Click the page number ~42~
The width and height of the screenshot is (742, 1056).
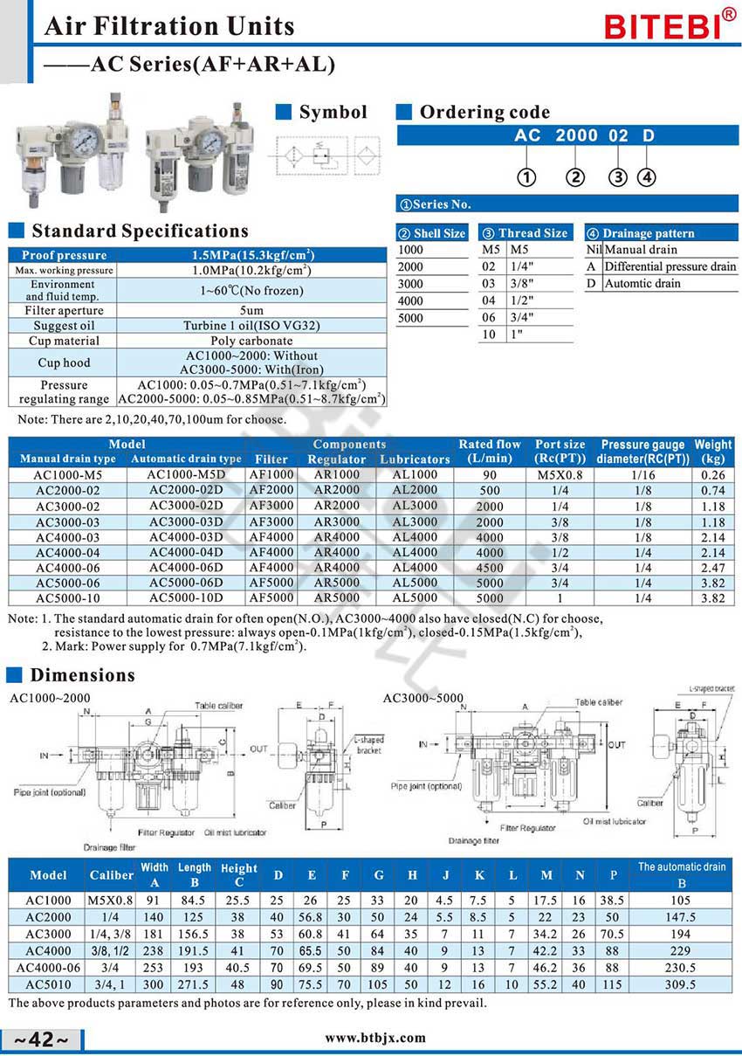tap(42, 1039)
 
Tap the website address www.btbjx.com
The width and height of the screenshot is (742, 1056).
tap(375, 1038)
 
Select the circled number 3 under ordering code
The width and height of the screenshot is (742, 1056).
tap(618, 178)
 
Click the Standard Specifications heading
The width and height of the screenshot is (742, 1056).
tap(140, 231)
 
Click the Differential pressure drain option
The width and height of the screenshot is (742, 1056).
tap(670, 266)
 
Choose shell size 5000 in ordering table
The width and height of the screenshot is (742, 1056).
tap(410, 318)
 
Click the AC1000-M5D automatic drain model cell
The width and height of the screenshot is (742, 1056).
tap(186, 474)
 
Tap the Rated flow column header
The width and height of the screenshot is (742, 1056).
tap(490, 451)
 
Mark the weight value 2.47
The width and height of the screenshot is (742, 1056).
tap(712, 569)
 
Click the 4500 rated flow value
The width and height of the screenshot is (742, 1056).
tap(490, 569)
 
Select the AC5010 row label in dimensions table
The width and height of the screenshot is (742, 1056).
tap(48, 984)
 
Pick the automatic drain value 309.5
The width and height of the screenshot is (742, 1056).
tap(681, 984)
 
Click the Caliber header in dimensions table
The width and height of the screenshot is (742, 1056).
tap(111, 874)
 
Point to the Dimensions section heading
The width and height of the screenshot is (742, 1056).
tap(83, 675)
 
